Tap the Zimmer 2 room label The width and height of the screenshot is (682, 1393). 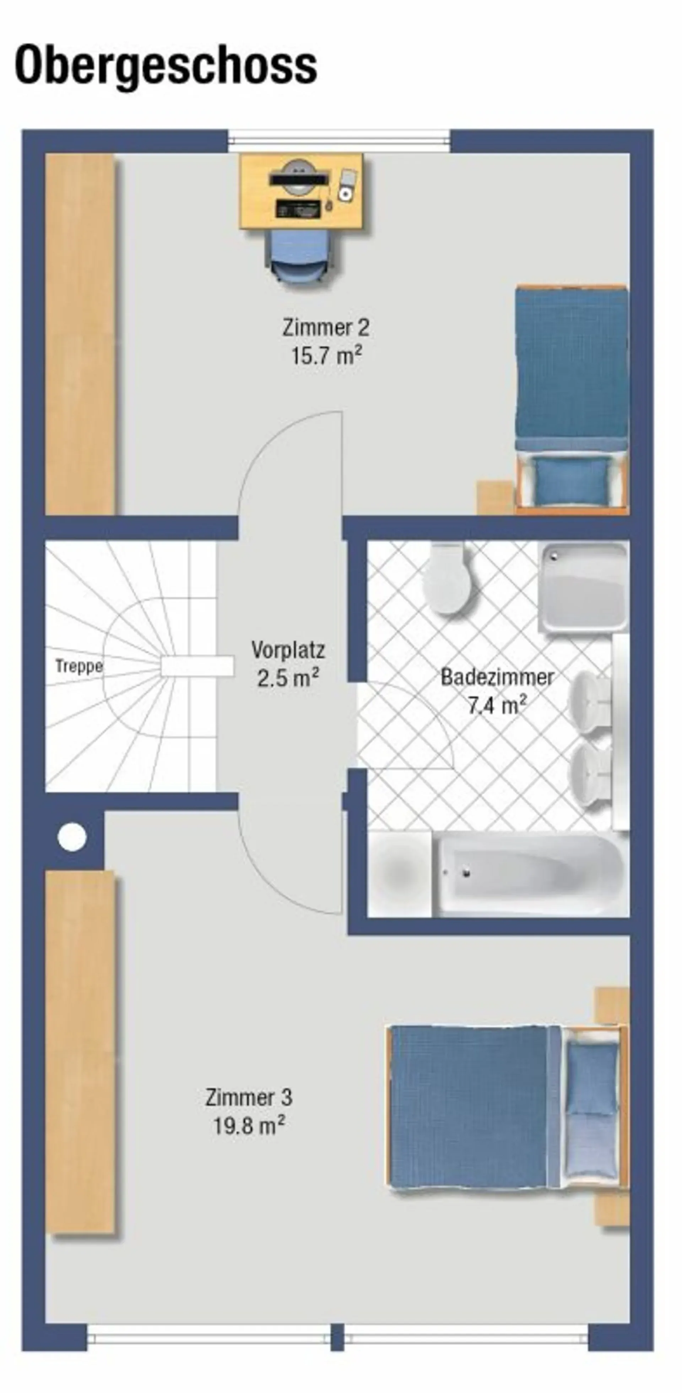(x=326, y=328)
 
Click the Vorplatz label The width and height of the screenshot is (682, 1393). (x=288, y=650)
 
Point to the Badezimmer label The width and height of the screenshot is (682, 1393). (x=497, y=677)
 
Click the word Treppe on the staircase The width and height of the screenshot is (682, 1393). (x=79, y=667)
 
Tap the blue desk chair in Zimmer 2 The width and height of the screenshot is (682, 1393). (x=303, y=256)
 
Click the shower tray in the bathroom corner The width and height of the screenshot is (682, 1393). (x=584, y=586)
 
